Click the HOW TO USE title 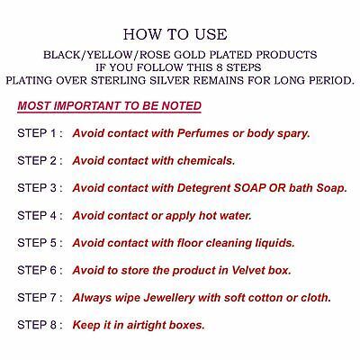pyautogui.click(x=175, y=34)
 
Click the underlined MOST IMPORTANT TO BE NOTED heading pyautogui.click(x=109, y=106)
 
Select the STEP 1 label pyautogui.click(x=40, y=133)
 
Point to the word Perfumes pyautogui.click(x=202, y=133)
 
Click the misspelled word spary pyautogui.click(x=293, y=134)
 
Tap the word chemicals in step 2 pyautogui.click(x=206, y=161)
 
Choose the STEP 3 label pyautogui.click(x=40, y=188)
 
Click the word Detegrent pyautogui.click(x=203, y=189)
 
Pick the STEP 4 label pyautogui.click(x=40, y=215)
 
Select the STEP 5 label pyautogui.click(x=40, y=243)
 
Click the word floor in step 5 pyautogui.click(x=189, y=243)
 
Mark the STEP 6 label pyautogui.click(x=40, y=270)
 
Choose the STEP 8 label pyautogui.click(x=40, y=325)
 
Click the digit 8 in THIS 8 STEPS pyautogui.click(x=220, y=67)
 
